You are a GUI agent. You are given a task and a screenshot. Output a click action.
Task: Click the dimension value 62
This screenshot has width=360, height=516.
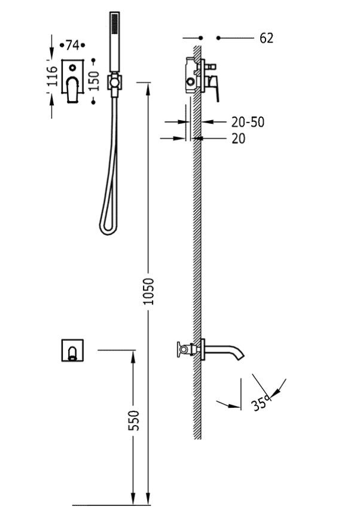267,38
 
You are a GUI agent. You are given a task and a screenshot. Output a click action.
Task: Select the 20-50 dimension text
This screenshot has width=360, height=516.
248,122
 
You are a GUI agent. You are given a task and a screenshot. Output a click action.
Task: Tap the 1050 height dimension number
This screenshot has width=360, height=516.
149,291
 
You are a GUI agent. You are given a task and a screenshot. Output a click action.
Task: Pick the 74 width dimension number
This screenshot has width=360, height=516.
72,45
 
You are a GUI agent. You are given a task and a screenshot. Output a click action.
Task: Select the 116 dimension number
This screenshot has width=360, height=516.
52,77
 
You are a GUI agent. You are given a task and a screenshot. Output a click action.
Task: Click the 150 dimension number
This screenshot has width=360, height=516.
93,80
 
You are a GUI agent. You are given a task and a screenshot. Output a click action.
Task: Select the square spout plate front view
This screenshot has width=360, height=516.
73,350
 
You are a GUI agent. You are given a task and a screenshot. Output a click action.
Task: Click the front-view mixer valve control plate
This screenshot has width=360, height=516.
73,81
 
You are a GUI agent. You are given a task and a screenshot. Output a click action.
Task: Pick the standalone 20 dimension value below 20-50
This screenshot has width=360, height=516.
238,139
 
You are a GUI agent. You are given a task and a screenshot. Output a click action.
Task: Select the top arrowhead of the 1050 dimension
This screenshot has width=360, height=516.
148,86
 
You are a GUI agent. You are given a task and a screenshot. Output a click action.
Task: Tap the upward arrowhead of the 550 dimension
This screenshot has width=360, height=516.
132,354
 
